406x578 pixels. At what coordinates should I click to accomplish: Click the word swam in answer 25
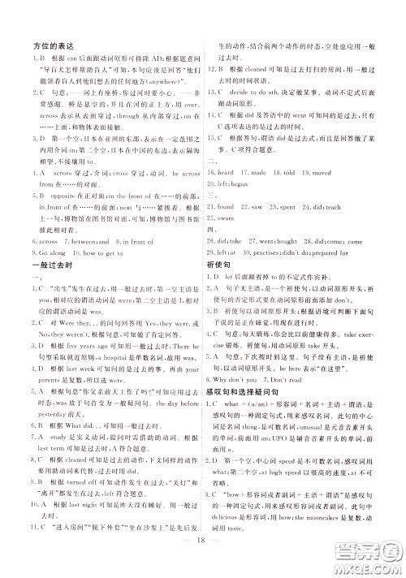(x=225, y=218)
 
